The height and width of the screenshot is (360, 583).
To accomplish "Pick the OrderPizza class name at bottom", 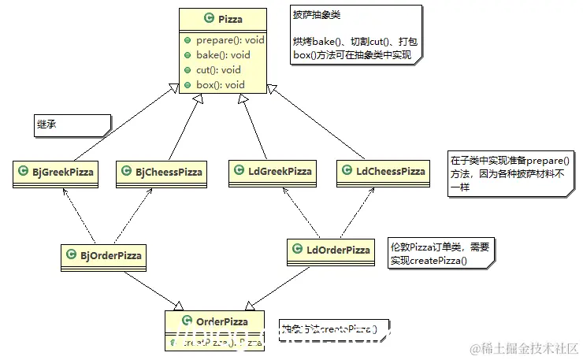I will [x=221, y=321].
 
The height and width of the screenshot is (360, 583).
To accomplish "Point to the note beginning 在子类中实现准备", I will [x=511, y=173].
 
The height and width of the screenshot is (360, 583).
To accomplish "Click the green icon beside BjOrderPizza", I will [x=72, y=254].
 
